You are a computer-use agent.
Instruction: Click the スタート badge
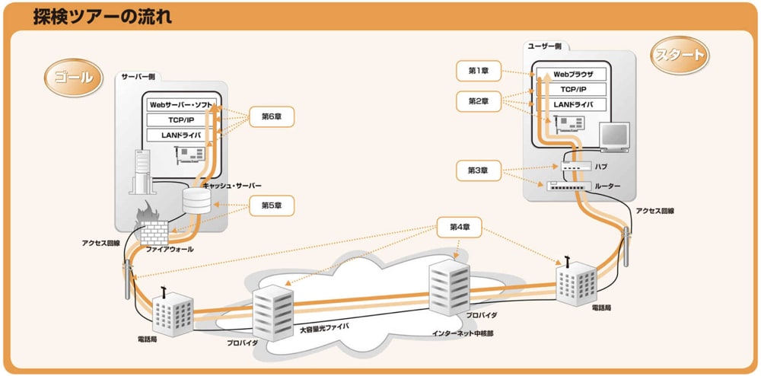click(x=678, y=55)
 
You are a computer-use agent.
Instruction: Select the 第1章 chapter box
click(x=478, y=71)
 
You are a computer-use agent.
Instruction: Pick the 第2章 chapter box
click(x=478, y=100)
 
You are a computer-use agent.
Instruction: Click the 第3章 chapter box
click(x=478, y=169)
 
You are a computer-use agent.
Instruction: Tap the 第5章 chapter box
click(x=272, y=206)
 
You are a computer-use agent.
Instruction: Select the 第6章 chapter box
click(x=272, y=116)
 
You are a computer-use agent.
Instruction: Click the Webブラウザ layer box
click(x=572, y=75)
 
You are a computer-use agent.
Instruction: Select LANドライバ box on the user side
click(x=572, y=104)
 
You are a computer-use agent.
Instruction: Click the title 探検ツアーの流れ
click(x=102, y=17)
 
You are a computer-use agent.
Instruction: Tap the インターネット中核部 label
click(x=461, y=333)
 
